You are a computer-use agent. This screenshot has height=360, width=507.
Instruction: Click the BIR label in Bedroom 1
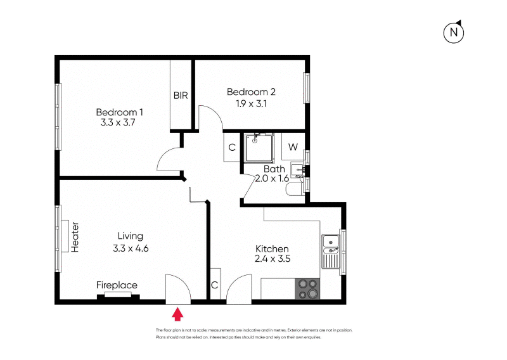pos(181,96)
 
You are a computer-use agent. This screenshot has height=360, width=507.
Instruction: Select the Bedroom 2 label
pos(251,92)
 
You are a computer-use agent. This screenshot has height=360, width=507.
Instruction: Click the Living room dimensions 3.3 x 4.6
pos(131,248)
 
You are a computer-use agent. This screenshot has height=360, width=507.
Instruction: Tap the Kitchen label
pos(272,248)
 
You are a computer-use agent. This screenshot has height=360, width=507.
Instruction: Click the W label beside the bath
pos(293,147)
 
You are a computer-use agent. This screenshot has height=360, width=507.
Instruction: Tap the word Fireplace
pos(117,285)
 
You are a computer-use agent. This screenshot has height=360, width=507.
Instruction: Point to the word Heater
pos(75,237)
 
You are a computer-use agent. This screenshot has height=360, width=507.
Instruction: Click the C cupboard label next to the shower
pos(232,148)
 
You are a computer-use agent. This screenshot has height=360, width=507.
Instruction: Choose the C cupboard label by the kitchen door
pos(214,286)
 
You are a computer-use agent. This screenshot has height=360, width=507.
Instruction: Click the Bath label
pos(274,169)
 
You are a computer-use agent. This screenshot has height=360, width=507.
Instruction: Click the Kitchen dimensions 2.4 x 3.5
pos(272,259)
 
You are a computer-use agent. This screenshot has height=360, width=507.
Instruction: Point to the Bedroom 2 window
pos(306,88)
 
